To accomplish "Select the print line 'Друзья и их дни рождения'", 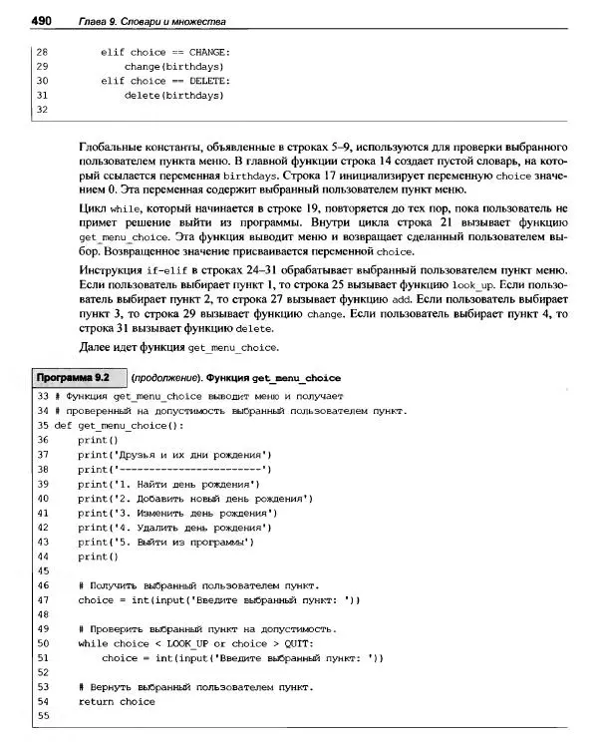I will tap(175, 454).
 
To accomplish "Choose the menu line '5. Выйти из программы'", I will tap(166, 543).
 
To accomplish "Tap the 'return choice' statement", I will tap(117, 702).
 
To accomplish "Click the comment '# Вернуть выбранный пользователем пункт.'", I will tap(195, 687).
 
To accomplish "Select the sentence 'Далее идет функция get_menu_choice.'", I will tap(179, 347).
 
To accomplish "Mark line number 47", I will tap(42, 600).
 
